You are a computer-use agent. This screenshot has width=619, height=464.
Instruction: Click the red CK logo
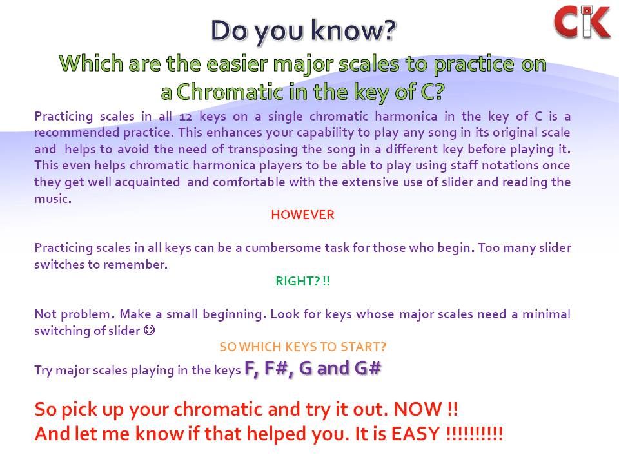tap(582, 21)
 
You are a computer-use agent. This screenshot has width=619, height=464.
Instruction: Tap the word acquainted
tap(150, 182)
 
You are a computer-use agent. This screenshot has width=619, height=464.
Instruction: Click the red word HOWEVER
tap(302, 215)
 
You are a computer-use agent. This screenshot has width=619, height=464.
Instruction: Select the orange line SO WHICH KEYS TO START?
tap(302, 347)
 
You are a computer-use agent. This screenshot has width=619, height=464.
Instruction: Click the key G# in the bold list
tap(368, 369)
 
